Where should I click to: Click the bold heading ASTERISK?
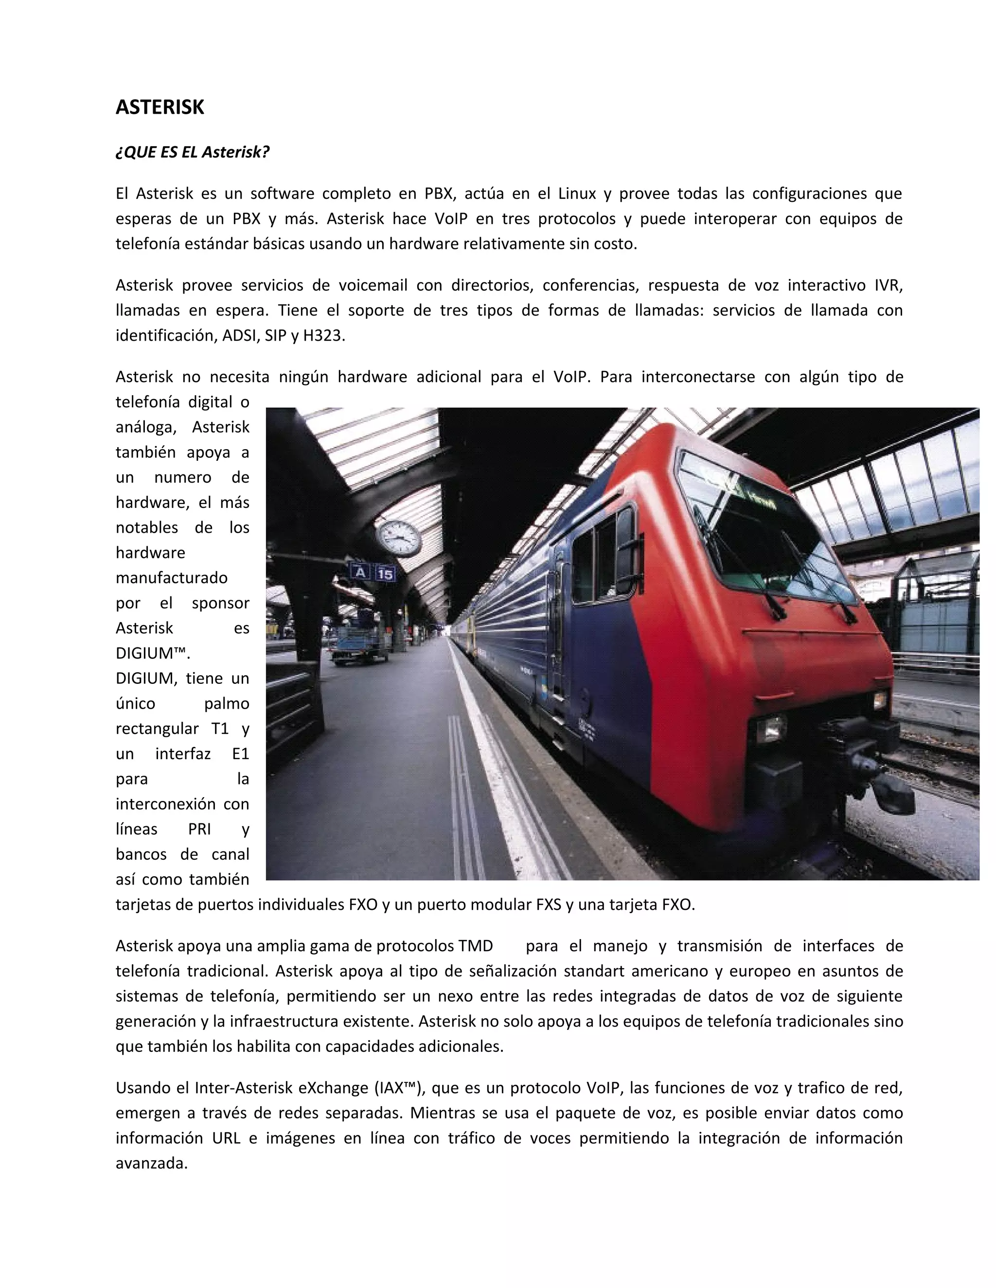[x=160, y=107]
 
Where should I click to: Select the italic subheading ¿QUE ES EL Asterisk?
[x=193, y=152]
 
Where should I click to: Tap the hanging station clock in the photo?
[x=399, y=537]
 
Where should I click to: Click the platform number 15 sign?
[x=385, y=573]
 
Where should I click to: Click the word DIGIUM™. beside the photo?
[x=153, y=653]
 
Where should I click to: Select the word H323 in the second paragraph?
[x=323, y=335]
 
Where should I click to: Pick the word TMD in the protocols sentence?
[x=475, y=946]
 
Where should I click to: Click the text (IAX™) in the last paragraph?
[x=399, y=1087]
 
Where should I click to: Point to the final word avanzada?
[x=152, y=1163]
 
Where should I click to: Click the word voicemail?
[x=373, y=285]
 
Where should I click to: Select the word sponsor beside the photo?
[x=220, y=603]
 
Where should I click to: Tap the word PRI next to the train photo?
[x=199, y=829]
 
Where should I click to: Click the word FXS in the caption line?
[x=548, y=905]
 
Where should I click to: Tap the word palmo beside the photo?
[x=227, y=704]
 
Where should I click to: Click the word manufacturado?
[x=172, y=577]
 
